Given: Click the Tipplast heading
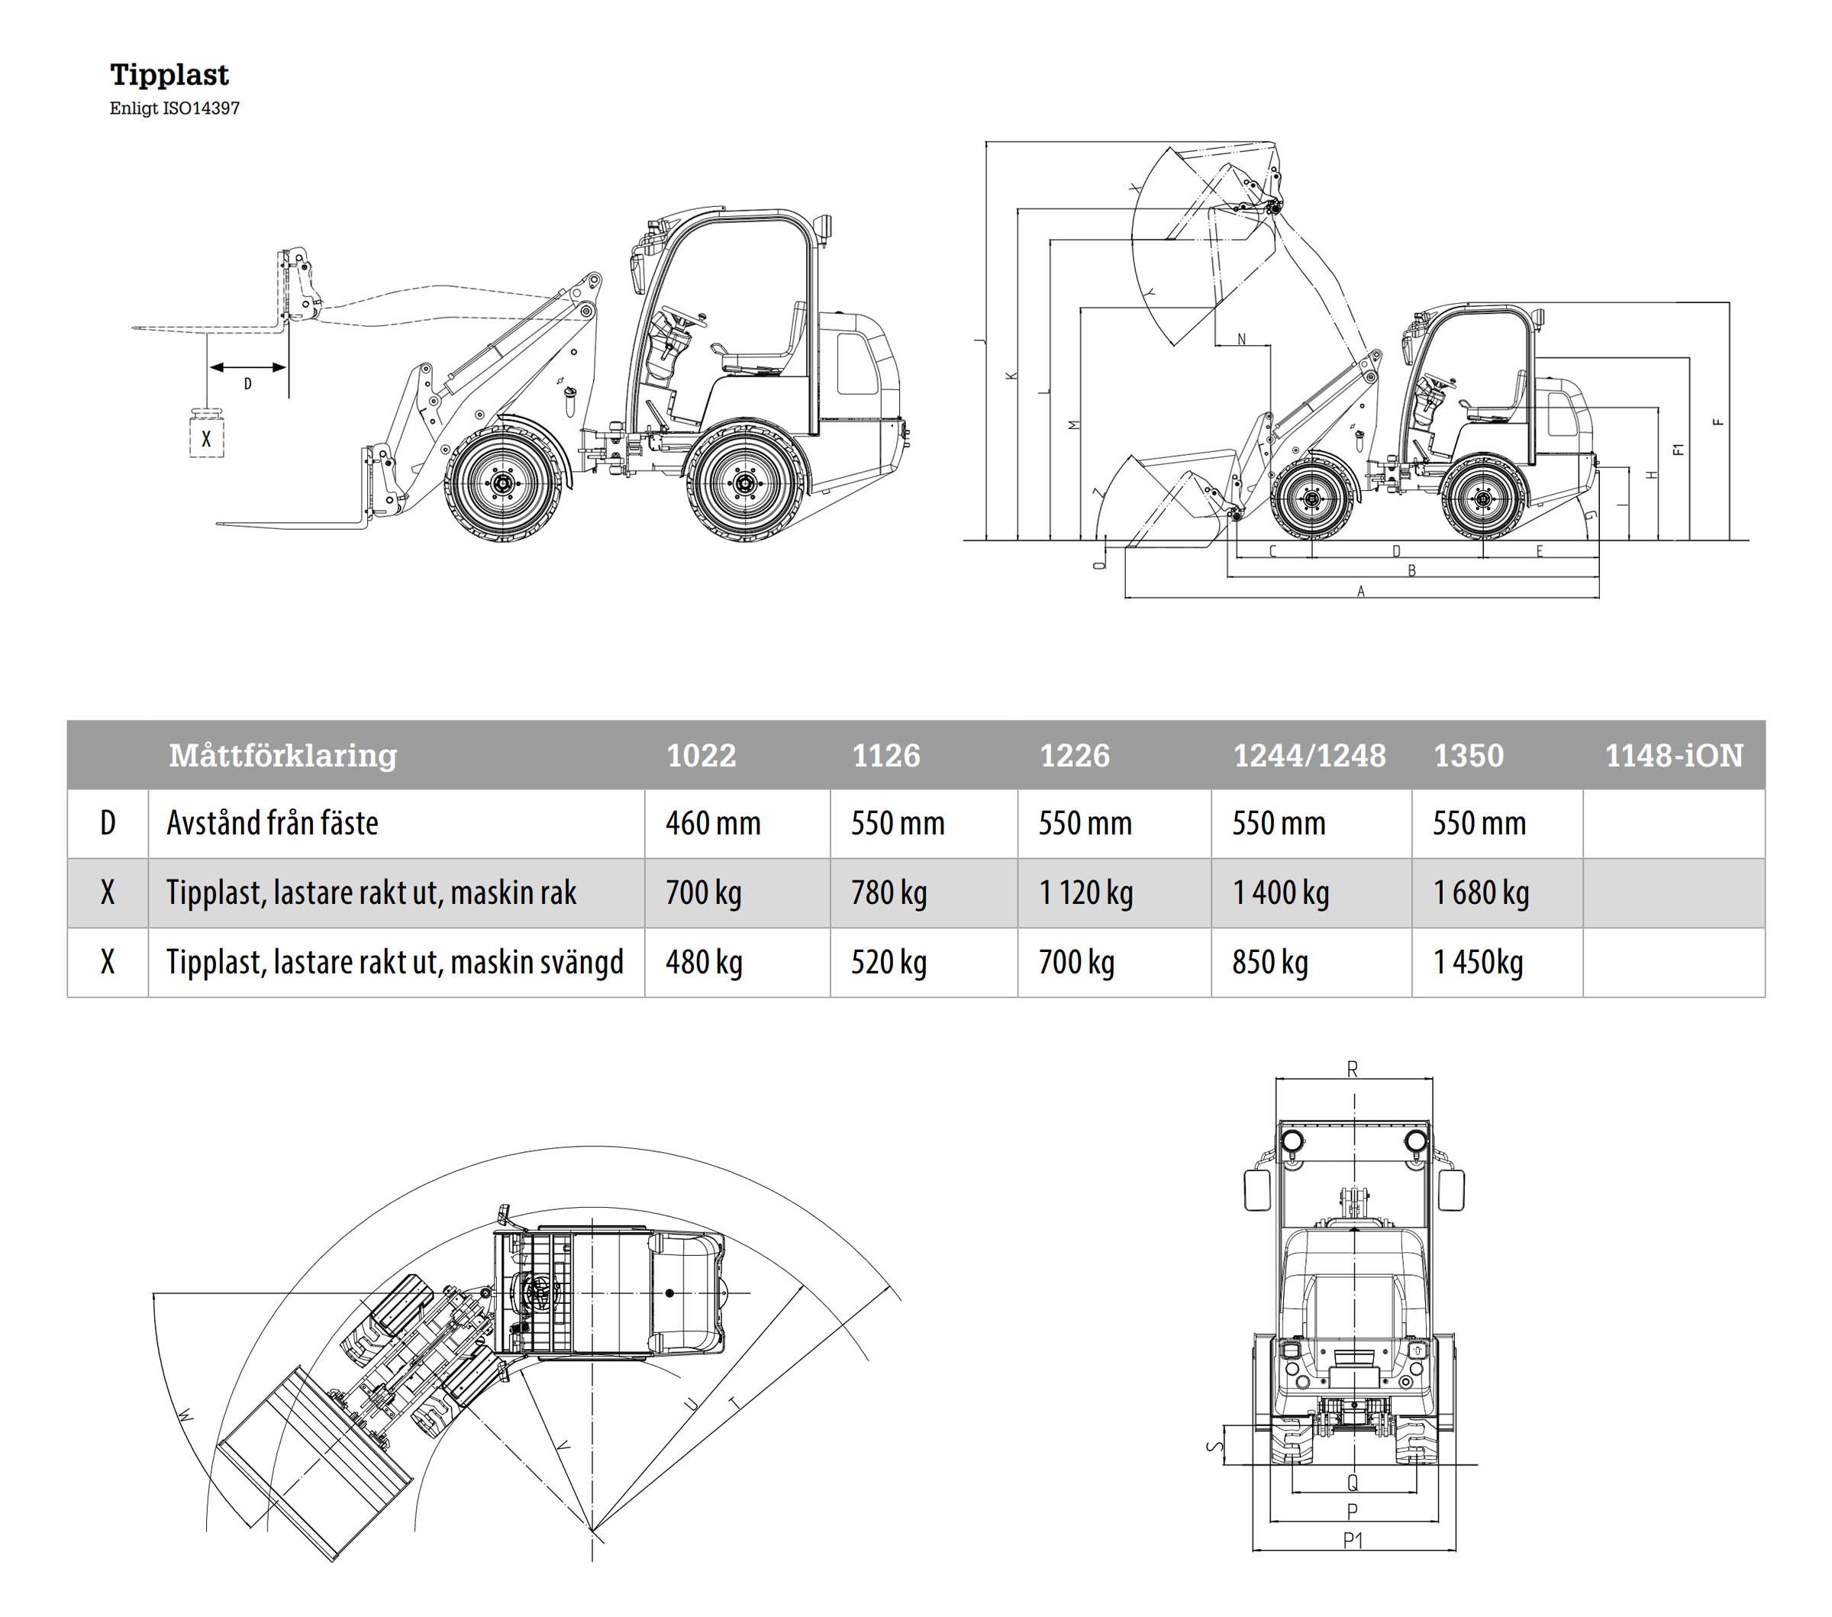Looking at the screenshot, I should pos(169,74).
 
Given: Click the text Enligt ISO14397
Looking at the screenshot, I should pos(175,108).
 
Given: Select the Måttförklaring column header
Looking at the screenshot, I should pos(283,756).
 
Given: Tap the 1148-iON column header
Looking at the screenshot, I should pos(1673,756).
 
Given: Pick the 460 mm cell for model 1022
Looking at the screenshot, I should pos(712,823).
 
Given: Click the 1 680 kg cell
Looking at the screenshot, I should pos(1481,892).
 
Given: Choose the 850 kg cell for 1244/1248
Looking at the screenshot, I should pos(1269,963).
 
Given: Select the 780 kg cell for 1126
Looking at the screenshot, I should pos(889,892).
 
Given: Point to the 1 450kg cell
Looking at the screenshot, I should pos(1478,963).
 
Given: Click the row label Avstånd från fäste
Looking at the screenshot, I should pos(273,823).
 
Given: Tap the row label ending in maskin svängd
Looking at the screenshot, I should pos(395,963).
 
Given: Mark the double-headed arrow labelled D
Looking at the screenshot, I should pos(247,366).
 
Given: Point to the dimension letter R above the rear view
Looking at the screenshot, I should pos(1353,1070).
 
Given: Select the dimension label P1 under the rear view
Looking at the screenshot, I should pos(1353,1541).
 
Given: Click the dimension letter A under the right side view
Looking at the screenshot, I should pos(1360,592).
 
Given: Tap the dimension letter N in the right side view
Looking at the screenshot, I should pos(1241,339).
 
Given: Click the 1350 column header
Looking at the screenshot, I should pos(1468,756).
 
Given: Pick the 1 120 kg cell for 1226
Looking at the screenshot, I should pos(1085,892).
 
